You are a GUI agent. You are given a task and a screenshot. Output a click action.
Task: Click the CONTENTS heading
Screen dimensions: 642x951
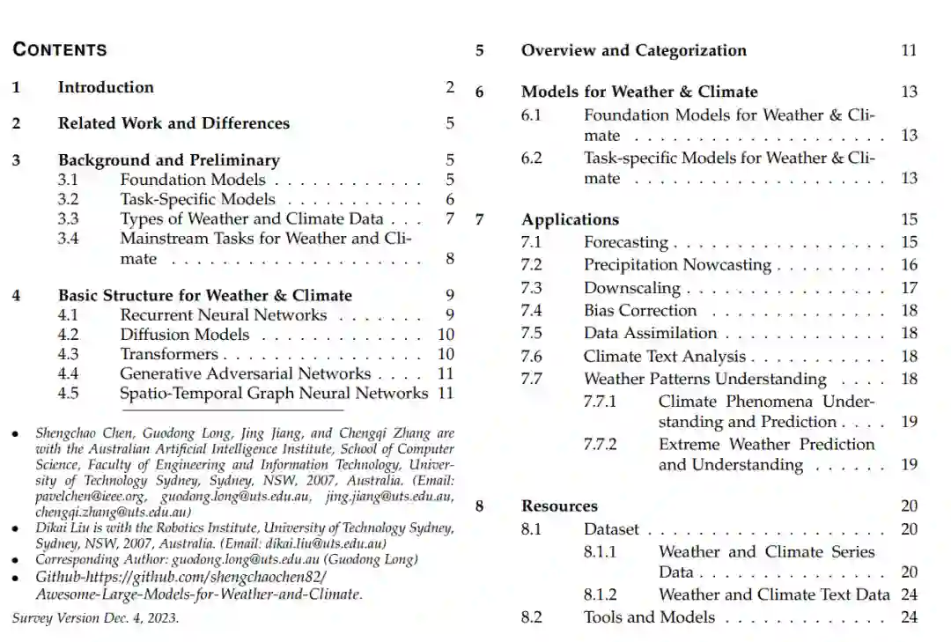(x=60, y=49)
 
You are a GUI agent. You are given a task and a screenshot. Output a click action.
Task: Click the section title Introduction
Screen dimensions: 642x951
(x=106, y=87)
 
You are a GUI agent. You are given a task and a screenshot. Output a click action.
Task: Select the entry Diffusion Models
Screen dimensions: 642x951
(x=185, y=335)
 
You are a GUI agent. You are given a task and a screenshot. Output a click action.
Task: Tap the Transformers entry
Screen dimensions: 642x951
(x=169, y=354)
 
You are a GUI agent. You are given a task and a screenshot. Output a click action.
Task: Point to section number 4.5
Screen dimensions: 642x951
(x=68, y=393)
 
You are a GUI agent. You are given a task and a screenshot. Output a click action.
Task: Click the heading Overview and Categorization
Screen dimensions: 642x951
(x=633, y=50)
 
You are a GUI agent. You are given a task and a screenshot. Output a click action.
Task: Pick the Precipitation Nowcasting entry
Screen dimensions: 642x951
(x=676, y=264)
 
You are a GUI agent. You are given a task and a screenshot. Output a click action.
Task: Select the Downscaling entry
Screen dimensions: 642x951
(x=631, y=287)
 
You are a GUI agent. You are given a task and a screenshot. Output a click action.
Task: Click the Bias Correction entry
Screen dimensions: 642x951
(x=639, y=310)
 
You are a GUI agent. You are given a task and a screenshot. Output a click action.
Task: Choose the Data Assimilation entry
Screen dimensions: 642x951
(x=650, y=333)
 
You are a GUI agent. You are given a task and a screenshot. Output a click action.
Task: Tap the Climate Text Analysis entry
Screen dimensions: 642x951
(x=664, y=356)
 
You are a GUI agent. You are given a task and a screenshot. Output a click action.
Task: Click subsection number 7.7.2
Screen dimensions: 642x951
(x=600, y=445)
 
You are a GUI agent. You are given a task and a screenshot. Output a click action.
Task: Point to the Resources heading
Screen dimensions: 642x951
(x=559, y=505)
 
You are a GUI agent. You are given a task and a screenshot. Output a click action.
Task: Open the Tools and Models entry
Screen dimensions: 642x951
(x=649, y=616)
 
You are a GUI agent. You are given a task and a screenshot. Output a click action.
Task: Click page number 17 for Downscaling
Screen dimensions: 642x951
(x=909, y=287)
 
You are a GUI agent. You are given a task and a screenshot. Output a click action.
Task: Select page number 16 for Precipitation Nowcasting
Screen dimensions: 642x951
(x=909, y=264)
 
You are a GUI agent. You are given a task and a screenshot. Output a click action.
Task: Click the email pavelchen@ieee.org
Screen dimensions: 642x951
(x=90, y=497)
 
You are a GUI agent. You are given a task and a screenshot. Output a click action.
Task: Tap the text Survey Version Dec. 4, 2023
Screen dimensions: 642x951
(x=95, y=617)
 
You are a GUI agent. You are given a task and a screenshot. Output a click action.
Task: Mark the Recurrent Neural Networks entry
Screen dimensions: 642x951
(x=223, y=315)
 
